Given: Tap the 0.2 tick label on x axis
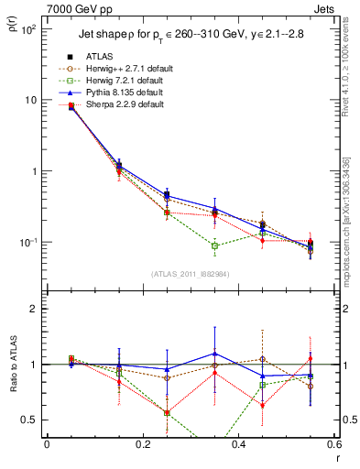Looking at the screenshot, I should pyautogui.click(x=141, y=444).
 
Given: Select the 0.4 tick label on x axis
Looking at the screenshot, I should pyautogui.click(x=237, y=444).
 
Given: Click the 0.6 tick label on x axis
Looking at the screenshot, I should pyautogui.click(x=333, y=444).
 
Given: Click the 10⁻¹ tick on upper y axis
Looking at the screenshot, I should pyautogui.click(x=30, y=243).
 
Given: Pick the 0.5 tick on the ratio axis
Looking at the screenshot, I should pyautogui.click(x=32, y=420).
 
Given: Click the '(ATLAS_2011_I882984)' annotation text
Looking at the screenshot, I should pyautogui.click(x=191, y=275).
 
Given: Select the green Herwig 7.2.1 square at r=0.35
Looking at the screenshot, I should pyautogui.click(x=214, y=245).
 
